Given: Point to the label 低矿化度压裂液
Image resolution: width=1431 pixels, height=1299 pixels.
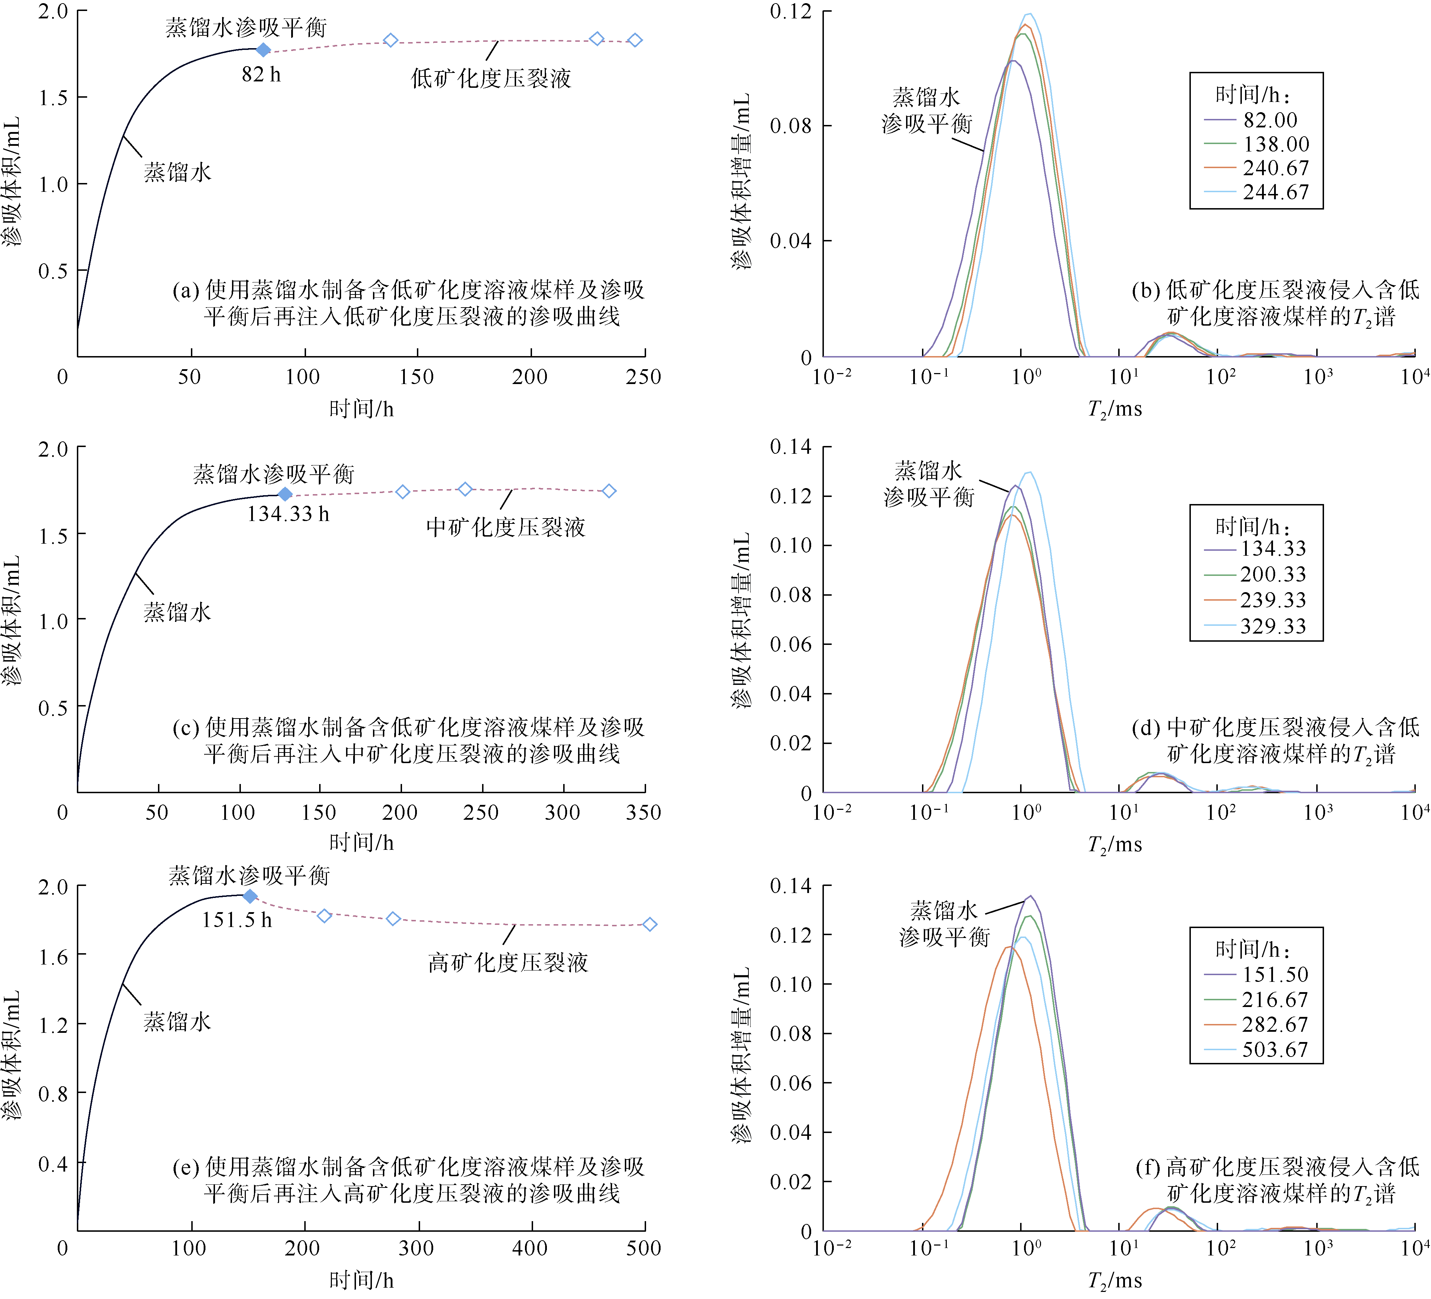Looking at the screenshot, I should tap(491, 79).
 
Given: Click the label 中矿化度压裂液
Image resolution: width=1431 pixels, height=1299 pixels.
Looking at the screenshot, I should tap(505, 527).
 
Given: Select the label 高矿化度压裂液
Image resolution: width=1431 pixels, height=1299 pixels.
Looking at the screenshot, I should tap(508, 963).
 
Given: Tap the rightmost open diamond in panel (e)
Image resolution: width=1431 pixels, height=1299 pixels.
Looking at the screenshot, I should tap(650, 925).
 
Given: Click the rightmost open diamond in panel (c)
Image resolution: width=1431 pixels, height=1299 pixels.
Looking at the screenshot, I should tap(609, 491).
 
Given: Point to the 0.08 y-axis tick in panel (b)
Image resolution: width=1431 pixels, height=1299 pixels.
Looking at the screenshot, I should tap(791, 126).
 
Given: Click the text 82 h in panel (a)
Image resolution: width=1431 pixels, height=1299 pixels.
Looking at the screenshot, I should tap(261, 74).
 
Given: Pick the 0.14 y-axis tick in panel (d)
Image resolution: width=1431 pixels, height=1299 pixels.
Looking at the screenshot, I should tap(791, 447).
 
